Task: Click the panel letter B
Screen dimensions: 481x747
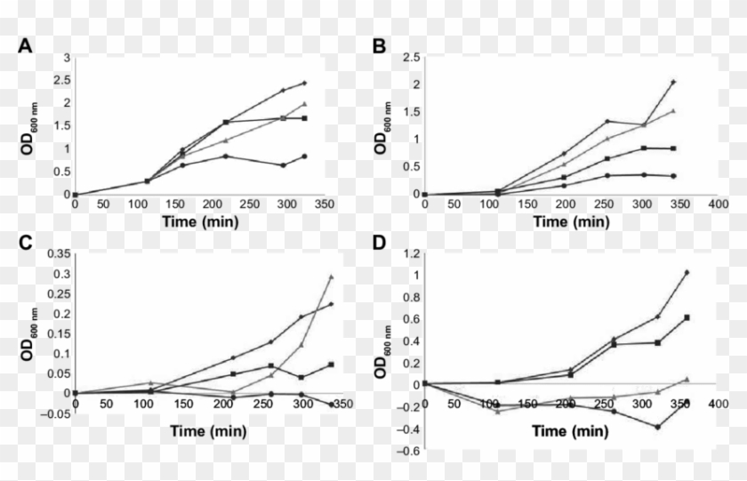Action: pyautogui.click(x=380, y=47)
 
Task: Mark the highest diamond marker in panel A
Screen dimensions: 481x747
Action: pyautogui.click(x=304, y=83)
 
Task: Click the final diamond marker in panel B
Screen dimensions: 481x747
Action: pyautogui.click(x=673, y=82)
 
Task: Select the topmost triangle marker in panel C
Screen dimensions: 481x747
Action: pyautogui.click(x=331, y=277)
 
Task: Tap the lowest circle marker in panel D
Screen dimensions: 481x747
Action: pyautogui.click(x=657, y=427)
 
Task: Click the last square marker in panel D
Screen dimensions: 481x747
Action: pyautogui.click(x=687, y=317)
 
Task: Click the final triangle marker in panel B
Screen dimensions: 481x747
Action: pyautogui.click(x=673, y=111)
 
